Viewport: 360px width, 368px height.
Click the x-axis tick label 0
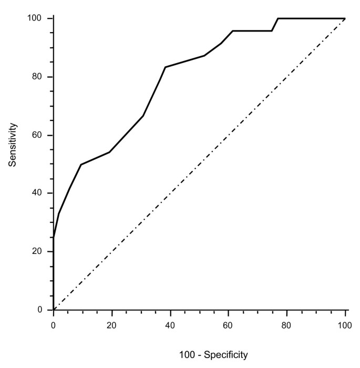(54, 326)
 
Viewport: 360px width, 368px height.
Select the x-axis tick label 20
(112, 326)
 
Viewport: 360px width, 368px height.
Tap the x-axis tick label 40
(170, 326)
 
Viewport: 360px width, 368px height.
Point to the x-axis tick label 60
(229, 326)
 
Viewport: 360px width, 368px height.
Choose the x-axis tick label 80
(287, 326)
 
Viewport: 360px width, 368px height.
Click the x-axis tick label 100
(345, 326)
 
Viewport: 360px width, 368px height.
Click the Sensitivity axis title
(13, 145)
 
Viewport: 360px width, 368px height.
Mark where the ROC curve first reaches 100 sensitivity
(277, 18)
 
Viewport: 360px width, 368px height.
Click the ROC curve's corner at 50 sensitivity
(81, 165)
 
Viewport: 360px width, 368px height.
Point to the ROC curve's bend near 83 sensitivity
(165, 67)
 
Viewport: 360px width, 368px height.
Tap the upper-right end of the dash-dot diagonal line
(345, 18)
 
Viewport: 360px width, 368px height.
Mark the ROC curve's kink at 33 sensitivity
(58, 213)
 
